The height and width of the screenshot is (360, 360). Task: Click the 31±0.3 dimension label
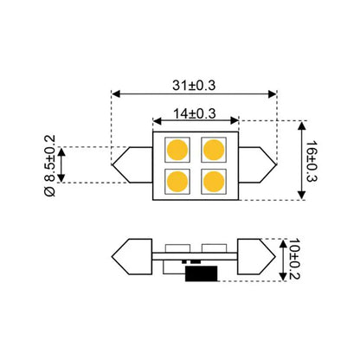pos(194,86)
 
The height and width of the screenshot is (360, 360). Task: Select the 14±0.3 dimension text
pos(195,113)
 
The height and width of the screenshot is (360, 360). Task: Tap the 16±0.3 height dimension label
pos(312,162)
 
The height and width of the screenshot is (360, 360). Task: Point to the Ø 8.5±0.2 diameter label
pos(49,166)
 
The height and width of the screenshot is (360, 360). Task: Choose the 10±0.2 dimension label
pos(294,259)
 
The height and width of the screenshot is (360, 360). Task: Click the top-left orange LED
pos(177,150)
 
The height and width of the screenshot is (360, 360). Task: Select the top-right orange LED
pos(214,150)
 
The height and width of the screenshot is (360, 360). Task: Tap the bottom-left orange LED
pos(177,182)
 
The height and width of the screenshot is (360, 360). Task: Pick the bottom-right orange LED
pos(214,182)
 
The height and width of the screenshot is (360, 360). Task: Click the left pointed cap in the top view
pos(132,164)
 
